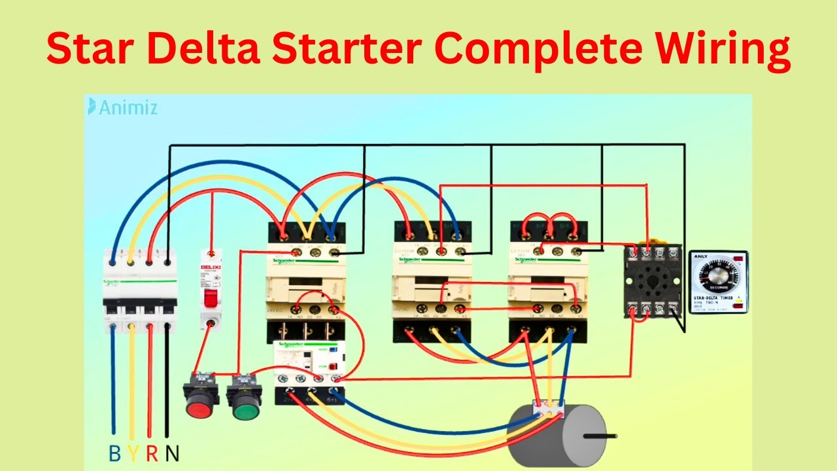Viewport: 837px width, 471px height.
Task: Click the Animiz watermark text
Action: point(128,107)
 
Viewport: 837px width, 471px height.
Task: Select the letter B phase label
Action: point(114,453)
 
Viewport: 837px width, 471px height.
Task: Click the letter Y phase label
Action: point(133,453)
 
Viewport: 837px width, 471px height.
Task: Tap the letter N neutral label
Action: point(173,453)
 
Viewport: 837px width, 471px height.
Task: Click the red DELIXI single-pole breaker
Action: point(211,291)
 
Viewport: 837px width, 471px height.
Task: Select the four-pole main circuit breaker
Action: point(140,291)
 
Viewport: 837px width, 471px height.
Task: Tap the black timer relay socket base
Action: point(653,281)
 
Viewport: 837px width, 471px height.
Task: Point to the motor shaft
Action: point(600,434)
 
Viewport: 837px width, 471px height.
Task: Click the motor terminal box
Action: point(548,411)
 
